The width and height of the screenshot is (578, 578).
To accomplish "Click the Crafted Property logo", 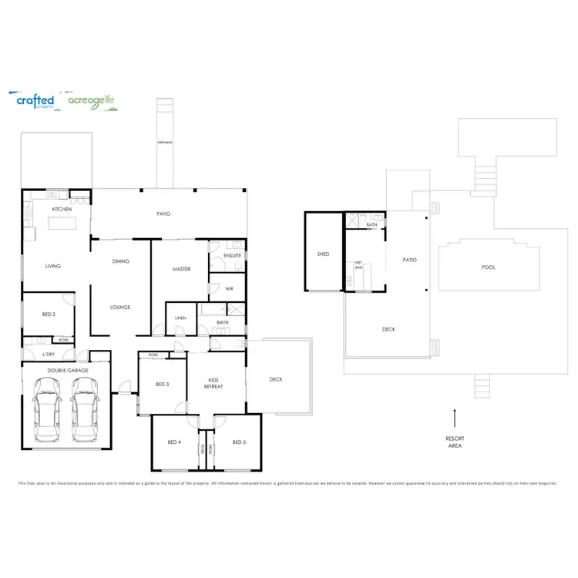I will [x=35, y=101].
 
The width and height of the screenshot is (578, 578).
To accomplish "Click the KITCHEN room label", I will [x=62, y=210].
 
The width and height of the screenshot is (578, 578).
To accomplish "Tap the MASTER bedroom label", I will [x=181, y=269].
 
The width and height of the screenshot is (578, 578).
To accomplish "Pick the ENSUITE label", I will [x=233, y=255].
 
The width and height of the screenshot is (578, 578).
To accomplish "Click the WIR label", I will [x=229, y=288].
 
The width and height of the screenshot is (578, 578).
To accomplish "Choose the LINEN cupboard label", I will [x=180, y=318].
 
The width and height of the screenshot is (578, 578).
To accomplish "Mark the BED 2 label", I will [x=48, y=314].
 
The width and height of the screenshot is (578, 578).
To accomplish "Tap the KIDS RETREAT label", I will [x=216, y=383].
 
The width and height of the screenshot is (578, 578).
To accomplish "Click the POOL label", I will [x=489, y=267].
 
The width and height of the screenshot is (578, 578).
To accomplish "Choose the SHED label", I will [x=323, y=254].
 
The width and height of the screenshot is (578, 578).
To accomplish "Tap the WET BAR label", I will [x=358, y=265].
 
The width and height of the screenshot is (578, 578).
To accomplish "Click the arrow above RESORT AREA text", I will [x=455, y=418].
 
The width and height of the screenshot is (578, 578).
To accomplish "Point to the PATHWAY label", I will [x=165, y=143].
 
